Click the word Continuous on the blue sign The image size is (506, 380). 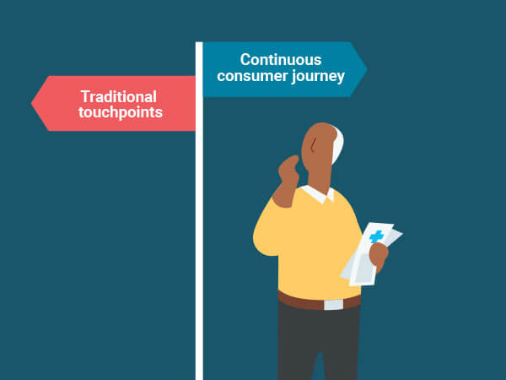point(281,60)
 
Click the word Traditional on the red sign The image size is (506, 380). point(119,96)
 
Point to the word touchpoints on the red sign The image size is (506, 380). point(121,113)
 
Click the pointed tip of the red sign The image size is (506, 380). point(32,103)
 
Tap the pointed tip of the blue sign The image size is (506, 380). point(367,69)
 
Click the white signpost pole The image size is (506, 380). point(199,210)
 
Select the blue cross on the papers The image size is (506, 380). point(376,236)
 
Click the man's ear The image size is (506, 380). point(314,144)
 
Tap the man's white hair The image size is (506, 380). point(337,145)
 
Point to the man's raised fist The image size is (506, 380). point(288,169)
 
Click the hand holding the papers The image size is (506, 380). point(379,253)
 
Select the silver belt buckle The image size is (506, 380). point(333,305)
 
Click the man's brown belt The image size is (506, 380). point(319,301)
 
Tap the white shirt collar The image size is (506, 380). point(319,194)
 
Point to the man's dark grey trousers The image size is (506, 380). point(318,343)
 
